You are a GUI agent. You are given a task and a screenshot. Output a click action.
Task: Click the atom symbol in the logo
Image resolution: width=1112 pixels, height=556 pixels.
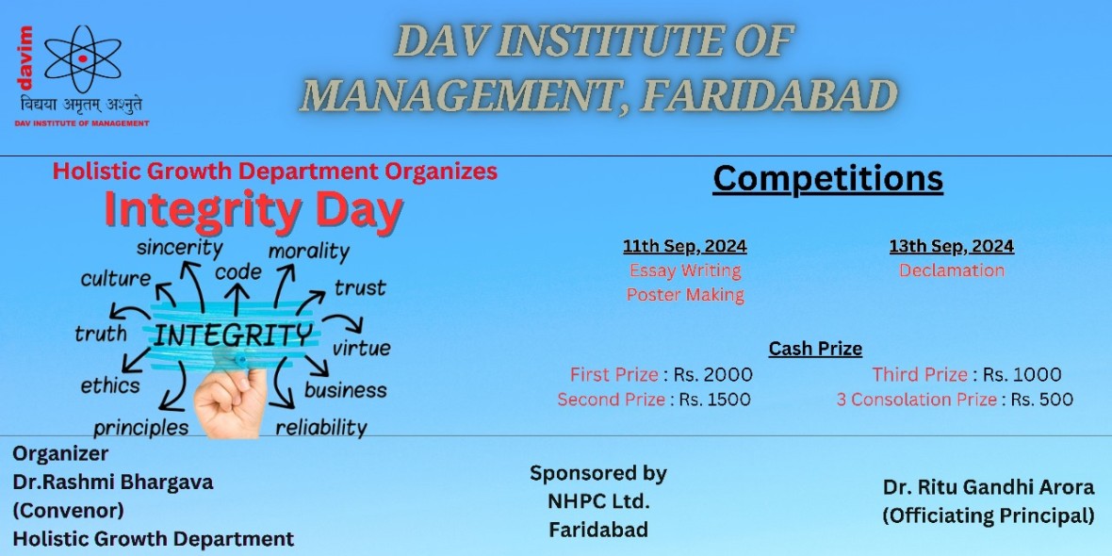[83, 58]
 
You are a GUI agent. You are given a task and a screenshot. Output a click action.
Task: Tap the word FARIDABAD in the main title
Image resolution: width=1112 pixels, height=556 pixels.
[768, 95]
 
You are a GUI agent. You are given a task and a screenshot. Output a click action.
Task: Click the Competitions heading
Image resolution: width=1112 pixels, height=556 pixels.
[827, 179]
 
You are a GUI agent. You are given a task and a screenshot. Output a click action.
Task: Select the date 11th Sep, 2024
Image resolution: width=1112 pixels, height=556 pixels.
[684, 246]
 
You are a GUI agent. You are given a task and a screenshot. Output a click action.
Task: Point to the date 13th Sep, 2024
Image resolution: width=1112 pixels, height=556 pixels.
[952, 246]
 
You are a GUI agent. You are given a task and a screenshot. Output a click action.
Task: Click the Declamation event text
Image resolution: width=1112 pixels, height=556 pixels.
[952, 270]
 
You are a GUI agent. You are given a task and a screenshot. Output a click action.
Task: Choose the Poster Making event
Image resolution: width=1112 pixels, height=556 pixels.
[685, 294]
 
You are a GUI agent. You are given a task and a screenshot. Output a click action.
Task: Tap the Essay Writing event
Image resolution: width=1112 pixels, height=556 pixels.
[685, 270]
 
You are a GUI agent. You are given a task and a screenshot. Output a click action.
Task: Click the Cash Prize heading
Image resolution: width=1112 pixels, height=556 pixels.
[815, 349]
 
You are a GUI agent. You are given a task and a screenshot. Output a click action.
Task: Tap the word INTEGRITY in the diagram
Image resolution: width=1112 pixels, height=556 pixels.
[232, 335]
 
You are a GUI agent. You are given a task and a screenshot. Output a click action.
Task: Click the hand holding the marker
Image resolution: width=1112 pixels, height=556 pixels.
[231, 401]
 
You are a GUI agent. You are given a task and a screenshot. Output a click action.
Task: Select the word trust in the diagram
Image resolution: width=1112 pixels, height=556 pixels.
[360, 288]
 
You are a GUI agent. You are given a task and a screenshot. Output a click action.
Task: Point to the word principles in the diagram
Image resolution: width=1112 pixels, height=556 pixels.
[141, 429]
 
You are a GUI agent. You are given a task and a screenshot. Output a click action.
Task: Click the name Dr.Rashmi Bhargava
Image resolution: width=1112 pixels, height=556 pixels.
[113, 482]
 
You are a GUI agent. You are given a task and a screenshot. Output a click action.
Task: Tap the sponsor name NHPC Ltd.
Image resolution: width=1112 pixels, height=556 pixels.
[598, 501]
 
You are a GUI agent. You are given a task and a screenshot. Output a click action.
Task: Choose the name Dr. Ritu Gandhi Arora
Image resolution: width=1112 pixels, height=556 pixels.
[989, 487]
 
